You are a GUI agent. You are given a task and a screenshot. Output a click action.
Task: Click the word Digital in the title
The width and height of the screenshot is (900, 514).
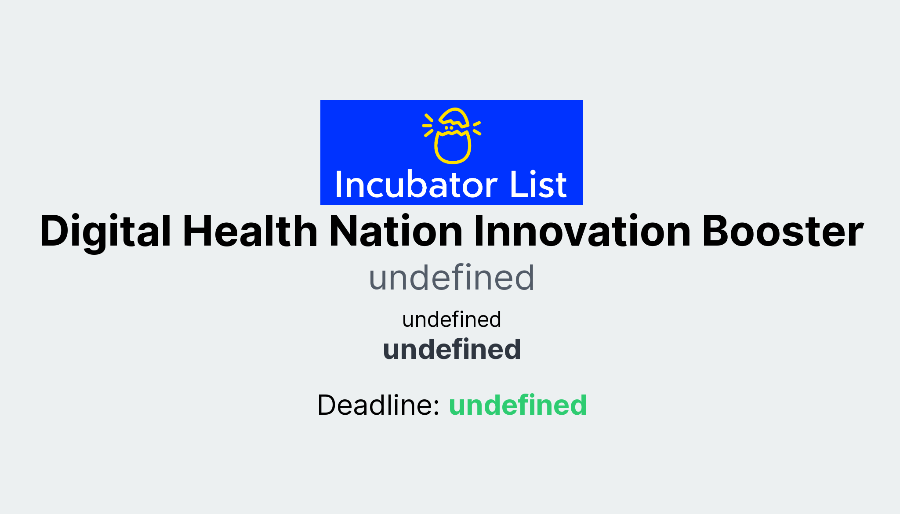(105, 232)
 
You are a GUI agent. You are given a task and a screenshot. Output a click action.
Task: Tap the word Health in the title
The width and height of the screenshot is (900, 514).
(250, 232)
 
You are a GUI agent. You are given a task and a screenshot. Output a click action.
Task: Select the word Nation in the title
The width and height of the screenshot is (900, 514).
(396, 232)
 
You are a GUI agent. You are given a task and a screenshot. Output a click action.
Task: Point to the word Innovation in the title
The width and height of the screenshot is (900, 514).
(582, 232)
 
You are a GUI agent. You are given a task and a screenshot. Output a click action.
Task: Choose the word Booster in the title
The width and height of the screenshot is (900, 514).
(783, 232)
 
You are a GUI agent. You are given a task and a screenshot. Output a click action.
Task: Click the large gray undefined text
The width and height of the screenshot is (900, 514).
(451, 278)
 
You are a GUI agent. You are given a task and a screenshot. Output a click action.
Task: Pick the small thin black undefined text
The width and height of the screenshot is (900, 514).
(451, 319)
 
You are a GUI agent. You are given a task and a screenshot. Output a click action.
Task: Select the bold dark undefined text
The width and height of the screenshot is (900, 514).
(451, 350)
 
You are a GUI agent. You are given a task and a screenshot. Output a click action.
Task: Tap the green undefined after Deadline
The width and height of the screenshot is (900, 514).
(518, 405)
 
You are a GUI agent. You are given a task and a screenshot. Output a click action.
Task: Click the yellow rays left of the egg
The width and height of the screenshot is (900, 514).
(428, 125)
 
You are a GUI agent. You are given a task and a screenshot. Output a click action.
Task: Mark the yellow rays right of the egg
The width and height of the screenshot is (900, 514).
(476, 128)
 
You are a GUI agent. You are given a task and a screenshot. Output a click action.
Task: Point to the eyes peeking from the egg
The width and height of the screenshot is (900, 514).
(449, 128)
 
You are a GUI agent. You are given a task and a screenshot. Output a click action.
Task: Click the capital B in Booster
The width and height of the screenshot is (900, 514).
(715, 232)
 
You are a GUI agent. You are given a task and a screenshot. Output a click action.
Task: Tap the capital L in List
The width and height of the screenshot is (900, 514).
(517, 185)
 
